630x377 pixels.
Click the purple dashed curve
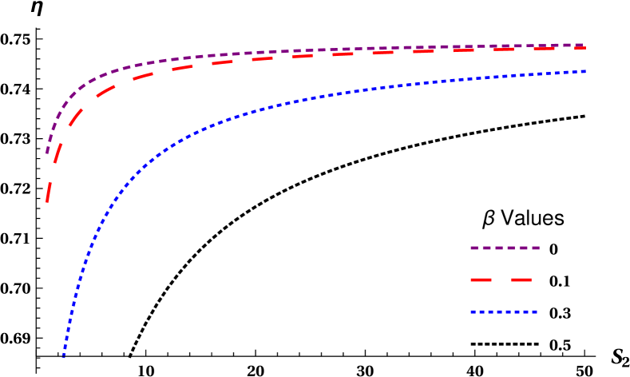pos(240,54)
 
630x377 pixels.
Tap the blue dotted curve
pos(240,115)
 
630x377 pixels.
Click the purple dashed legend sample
pos(505,248)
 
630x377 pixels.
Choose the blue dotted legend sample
pos(504,312)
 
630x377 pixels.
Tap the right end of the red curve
pos(584,48)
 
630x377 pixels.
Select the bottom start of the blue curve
pos(64,355)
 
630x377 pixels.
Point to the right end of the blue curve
pos(585,72)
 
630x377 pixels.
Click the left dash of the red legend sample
pos(481,280)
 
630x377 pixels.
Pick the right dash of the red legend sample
pos(521,280)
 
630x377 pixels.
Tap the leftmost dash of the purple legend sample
pos(474,248)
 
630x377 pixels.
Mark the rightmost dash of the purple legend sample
pos(536,248)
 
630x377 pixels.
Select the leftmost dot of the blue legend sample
pos(473,312)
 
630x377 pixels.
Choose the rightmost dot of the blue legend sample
pos(535,312)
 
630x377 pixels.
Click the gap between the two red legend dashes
pos(501,280)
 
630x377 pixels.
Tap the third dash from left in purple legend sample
pos(499,248)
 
